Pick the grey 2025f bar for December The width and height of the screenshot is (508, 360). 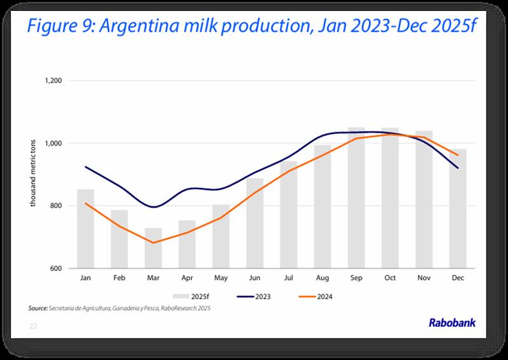point(458,210)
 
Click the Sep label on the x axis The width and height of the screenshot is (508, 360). point(356,278)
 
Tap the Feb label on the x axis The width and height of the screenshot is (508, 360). point(119,278)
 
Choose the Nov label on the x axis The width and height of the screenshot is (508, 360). point(424,278)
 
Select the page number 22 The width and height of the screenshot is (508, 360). point(33,326)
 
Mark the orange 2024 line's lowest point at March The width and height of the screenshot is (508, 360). point(153,243)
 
